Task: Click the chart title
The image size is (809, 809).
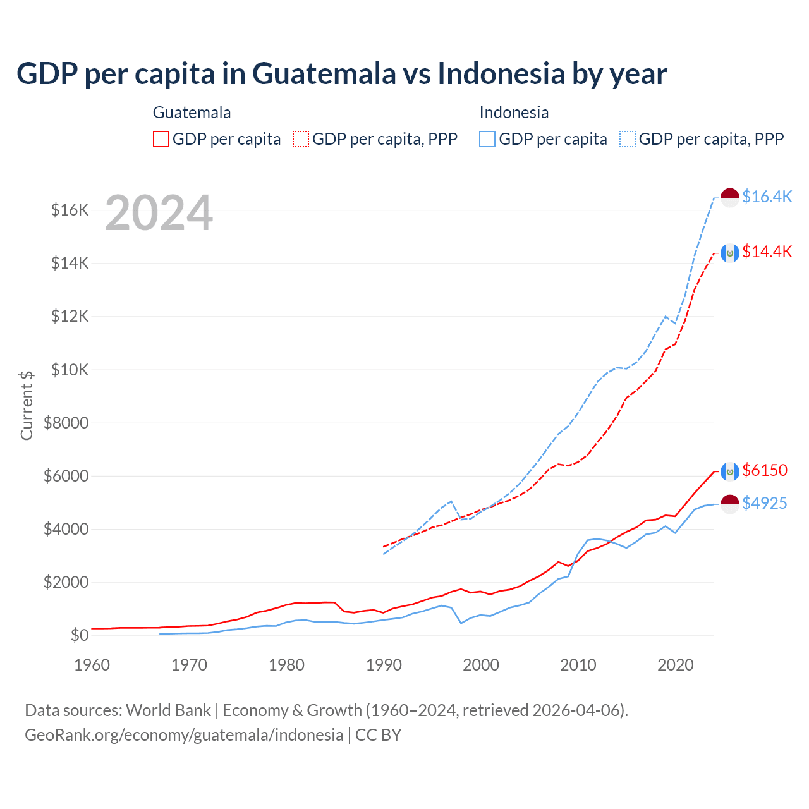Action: point(341,73)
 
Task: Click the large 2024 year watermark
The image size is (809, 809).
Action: point(159,214)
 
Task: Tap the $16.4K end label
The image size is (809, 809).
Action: point(767,197)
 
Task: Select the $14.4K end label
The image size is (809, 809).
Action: point(767,252)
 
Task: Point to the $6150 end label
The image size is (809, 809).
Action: point(765,470)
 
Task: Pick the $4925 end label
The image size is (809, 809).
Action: point(765,503)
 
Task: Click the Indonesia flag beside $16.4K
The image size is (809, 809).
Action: point(730,197)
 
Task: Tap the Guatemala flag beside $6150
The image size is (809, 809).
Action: point(730,471)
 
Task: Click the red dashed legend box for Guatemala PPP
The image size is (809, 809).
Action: point(301,139)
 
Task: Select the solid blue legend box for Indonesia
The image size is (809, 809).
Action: point(487,139)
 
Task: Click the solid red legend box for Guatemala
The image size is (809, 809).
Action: point(161,139)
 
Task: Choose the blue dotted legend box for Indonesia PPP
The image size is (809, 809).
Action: point(628,139)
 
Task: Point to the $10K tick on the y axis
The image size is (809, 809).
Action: point(70,369)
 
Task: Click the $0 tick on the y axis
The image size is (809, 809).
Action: point(79,635)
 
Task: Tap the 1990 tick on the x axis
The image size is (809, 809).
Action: point(384,665)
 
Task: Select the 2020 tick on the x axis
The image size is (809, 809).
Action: point(676,665)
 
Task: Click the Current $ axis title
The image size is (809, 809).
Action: point(27,405)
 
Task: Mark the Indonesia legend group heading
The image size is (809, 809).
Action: point(514,113)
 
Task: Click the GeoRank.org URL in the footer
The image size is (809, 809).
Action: point(184,735)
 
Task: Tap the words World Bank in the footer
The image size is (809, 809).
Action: point(168,710)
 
